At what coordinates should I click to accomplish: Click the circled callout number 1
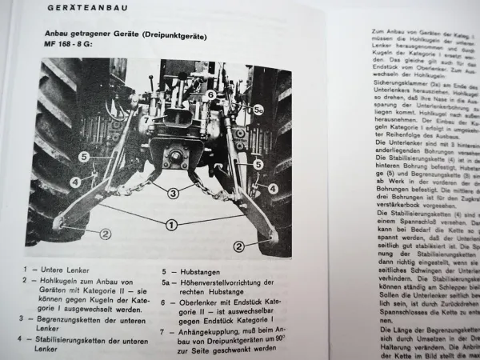170,225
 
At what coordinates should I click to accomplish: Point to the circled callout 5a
258,105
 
